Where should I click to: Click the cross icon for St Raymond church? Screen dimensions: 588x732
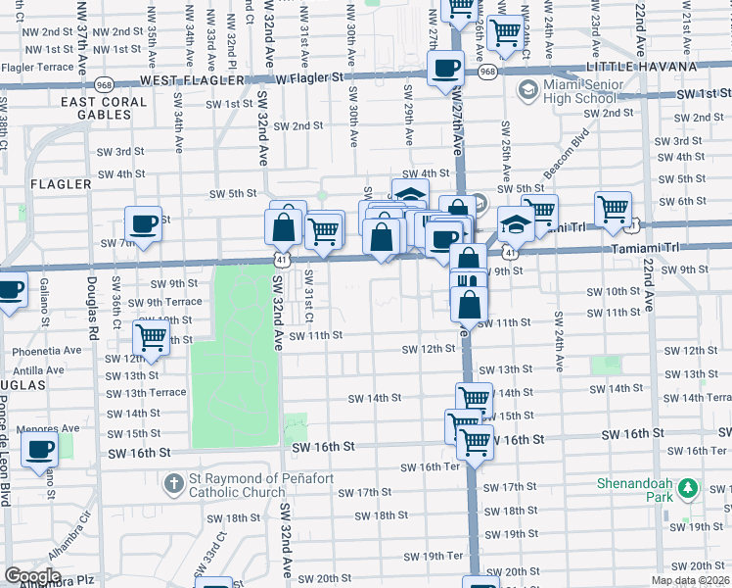tap(173, 482)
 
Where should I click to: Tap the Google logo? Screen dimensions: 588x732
tap(32, 576)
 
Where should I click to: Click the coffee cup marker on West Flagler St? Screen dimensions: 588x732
tap(446, 69)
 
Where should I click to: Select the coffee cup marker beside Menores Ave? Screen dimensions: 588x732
tap(40, 450)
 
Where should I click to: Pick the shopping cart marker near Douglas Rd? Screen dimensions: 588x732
tap(152, 337)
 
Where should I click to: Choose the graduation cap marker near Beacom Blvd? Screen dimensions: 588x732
tap(516, 224)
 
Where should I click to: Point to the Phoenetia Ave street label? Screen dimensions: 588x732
tap(47, 350)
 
